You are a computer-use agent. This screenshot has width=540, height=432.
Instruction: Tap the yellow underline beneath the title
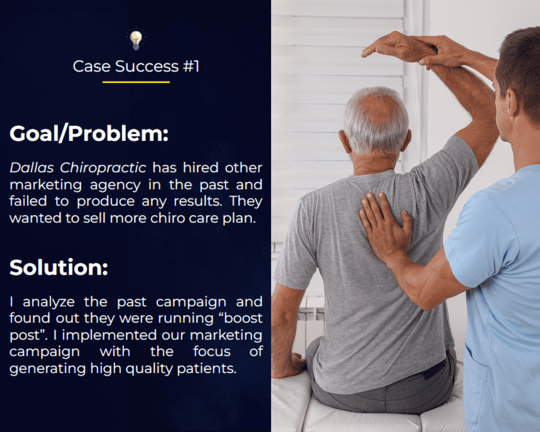pos(136,82)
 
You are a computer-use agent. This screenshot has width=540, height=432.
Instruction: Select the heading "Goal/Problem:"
pos(89,133)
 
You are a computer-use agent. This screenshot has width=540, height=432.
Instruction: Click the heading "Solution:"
pos(59,267)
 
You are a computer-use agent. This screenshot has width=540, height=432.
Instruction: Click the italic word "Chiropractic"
pos(103,168)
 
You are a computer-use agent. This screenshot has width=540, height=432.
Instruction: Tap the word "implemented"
pos(109,335)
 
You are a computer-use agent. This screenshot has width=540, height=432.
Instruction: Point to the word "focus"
pos(212,351)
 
